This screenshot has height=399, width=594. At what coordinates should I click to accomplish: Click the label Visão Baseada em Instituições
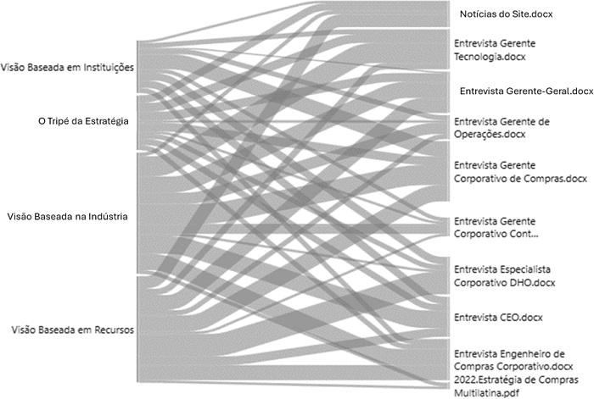pyautogui.click(x=68, y=67)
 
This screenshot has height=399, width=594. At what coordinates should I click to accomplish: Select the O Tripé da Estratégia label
pyautogui.click(x=77, y=121)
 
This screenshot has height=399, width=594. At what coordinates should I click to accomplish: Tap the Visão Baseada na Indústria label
pyautogui.click(x=67, y=217)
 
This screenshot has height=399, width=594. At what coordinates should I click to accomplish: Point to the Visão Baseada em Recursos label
pyautogui.click(x=68, y=329)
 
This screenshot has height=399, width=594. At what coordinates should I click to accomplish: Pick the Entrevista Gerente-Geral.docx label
pyautogui.click(x=526, y=91)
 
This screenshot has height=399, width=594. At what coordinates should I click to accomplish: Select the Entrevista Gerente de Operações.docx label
pyautogui.click(x=502, y=128)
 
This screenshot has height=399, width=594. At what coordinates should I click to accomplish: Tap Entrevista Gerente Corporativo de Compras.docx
pyautogui.click(x=520, y=172)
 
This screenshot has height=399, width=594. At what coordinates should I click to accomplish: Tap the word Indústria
pyautogui.click(x=106, y=217)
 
